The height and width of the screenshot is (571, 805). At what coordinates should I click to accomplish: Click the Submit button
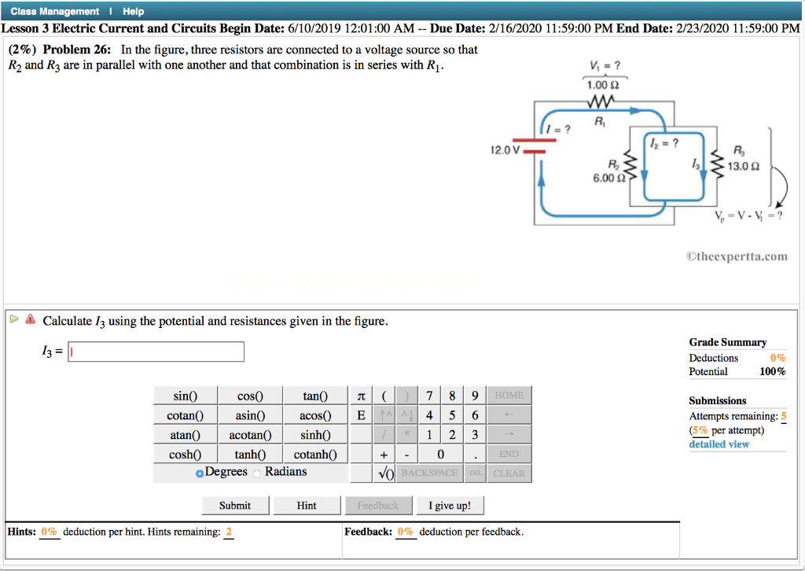235,505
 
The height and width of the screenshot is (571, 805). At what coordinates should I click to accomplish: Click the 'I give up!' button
450,505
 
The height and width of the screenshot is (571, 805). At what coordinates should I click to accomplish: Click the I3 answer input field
156,352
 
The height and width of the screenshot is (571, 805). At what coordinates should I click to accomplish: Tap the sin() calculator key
185,396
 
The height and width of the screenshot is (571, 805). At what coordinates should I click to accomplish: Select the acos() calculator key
315,415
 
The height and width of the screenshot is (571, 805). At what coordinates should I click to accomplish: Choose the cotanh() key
315,454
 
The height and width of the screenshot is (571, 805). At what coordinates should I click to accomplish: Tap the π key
361,396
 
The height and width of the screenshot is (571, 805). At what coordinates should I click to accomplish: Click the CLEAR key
509,473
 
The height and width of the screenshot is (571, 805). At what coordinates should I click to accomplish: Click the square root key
384,473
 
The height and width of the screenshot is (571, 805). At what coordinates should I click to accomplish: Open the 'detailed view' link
719,444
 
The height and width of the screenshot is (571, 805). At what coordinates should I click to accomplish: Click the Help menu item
133,11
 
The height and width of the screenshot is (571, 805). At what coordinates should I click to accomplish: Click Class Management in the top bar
55,11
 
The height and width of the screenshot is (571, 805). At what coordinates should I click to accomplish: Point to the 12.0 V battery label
503,149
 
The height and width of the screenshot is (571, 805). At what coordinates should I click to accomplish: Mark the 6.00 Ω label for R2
608,179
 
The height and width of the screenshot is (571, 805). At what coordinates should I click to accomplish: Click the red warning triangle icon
30,320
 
